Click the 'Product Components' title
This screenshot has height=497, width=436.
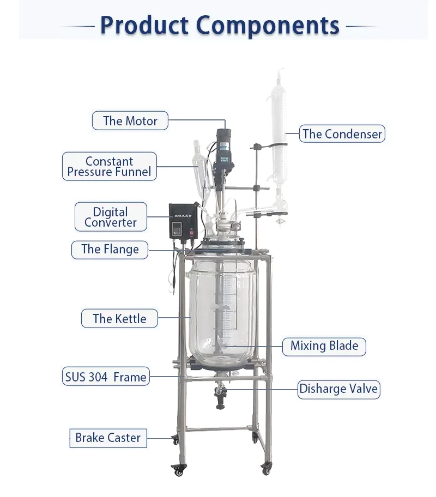click(220, 25)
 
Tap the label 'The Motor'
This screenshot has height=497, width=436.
click(130, 121)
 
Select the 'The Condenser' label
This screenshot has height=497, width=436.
click(342, 134)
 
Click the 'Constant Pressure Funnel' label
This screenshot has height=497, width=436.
click(109, 167)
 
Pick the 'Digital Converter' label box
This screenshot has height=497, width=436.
click(111, 217)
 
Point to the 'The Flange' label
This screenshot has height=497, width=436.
click(110, 250)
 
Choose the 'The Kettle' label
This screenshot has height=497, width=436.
click(119, 319)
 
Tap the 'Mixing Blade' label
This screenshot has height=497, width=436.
click(324, 346)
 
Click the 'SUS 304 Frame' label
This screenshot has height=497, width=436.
click(106, 377)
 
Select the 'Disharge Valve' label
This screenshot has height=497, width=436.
click(338, 389)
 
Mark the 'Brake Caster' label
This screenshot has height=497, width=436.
click(108, 438)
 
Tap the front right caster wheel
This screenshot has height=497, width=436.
click(266, 468)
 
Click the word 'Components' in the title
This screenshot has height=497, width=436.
click(267, 25)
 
